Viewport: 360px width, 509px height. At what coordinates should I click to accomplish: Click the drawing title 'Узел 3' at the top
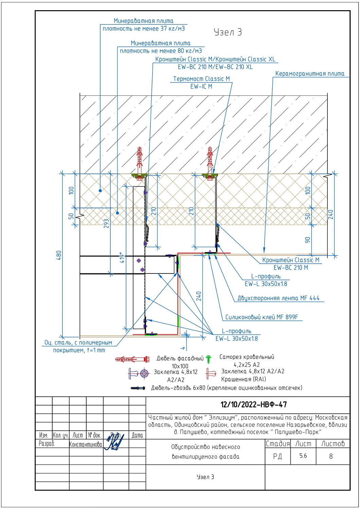point(228,32)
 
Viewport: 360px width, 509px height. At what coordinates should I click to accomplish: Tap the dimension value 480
point(59,255)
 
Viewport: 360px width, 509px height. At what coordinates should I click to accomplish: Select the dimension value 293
point(106,224)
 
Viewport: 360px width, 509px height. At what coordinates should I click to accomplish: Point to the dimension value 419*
point(122,258)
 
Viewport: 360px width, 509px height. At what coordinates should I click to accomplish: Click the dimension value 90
point(307,240)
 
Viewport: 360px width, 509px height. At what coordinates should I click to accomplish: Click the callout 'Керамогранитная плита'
point(310,74)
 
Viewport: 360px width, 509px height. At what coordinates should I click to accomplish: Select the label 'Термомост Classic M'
point(201,79)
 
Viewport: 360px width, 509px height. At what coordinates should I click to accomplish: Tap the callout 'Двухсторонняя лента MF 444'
point(278,298)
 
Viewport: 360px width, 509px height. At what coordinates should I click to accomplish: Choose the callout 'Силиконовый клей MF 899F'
point(262,317)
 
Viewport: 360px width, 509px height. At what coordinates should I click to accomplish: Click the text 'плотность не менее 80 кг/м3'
point(161,51)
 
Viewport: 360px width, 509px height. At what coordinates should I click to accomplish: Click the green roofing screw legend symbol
point(208,359)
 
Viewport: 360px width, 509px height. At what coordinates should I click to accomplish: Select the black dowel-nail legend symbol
point(138,388)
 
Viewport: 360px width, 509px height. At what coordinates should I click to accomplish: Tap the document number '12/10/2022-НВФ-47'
point(254,404)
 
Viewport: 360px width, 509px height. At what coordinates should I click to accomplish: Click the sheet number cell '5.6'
point(303,456)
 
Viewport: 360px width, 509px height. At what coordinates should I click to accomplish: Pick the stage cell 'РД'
point(277,456)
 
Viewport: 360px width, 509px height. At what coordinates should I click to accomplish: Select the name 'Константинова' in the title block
point(86,445)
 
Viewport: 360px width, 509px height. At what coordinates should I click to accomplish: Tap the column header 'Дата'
point(137,435)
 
